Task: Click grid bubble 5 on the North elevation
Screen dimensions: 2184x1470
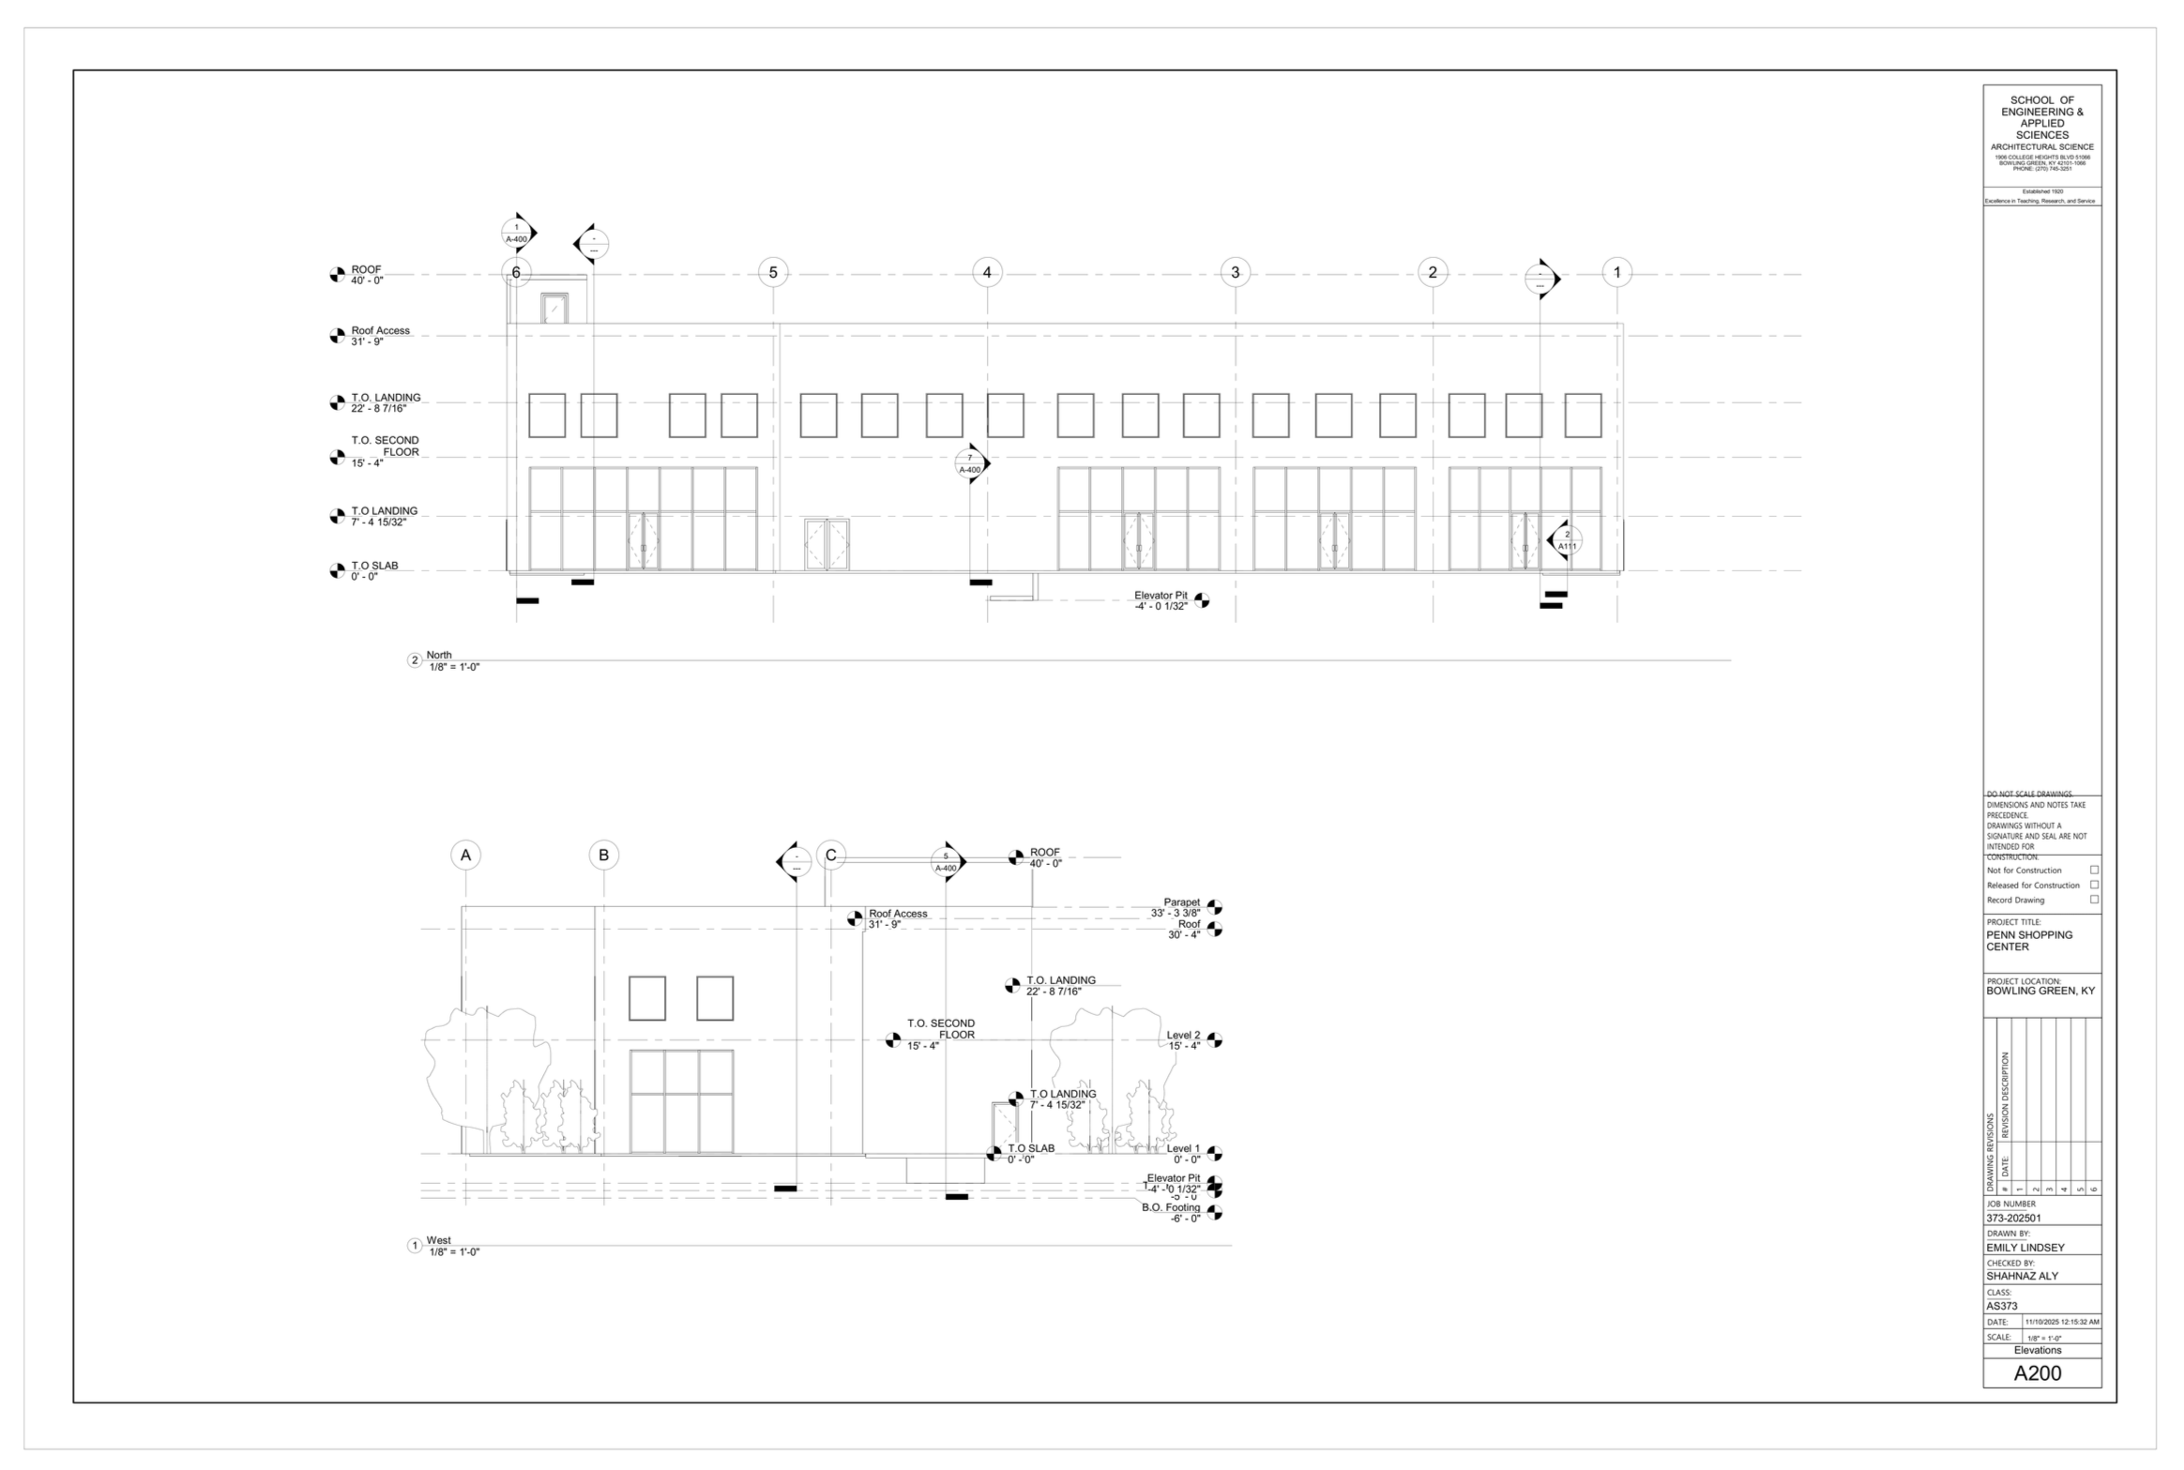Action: [x=773, y=273]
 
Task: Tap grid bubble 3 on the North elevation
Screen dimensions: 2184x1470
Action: [x=1235, y=273]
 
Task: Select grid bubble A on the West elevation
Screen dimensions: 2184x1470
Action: [x=465, y=855]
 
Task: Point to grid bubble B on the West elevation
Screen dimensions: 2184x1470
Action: [x=603, y=855]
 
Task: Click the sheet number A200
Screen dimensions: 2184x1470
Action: [x=2038, y=1373]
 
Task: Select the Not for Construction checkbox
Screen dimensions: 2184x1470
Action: [x=2094, y=871]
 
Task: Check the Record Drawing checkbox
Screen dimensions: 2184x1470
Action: [x=2094, y=900]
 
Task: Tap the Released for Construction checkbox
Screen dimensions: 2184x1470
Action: [x=2094, y=885]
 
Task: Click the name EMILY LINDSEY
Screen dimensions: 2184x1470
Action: [x=2025, y=1248]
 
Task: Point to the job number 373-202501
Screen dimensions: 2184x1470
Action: [x=2013, y=1218]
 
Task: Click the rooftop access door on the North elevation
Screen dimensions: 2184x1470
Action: [x=554, y=309]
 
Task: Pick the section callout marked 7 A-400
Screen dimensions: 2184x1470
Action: [x=970, y=463]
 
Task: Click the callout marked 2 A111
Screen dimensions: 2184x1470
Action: [x=1566, y=540]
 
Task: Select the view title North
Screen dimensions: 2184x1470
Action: [x=439, y=655]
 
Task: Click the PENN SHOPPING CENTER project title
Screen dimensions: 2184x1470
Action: [x=2029, y=941]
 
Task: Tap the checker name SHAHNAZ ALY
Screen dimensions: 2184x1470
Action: [x=2022, y=1276]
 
